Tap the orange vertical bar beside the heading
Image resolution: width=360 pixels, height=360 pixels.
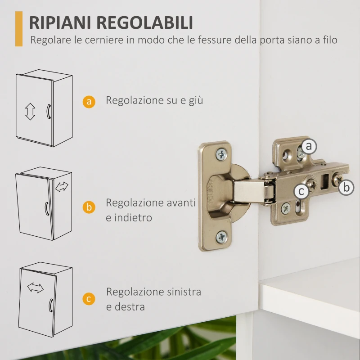(18, 29)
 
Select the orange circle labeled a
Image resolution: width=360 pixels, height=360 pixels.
(89, 102)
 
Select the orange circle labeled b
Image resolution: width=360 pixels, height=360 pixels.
(89, 207)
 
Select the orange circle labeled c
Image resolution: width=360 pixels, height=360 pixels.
(89, 299)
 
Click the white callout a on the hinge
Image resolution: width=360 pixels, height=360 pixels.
(309, 146)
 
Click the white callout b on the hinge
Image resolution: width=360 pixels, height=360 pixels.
(346, 187)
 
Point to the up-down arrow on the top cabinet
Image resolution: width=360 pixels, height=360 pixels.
(30, 111)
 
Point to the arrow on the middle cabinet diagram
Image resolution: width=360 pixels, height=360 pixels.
(61, 186)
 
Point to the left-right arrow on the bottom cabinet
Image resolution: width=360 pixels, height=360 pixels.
(36, 288)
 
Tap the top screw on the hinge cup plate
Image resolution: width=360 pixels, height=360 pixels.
(222, 154)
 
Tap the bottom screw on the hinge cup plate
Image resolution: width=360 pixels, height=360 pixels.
(222, 236)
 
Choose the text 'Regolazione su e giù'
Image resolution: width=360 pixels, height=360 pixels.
(154, 100)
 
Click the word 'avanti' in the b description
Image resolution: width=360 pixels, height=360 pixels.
(182, 202)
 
